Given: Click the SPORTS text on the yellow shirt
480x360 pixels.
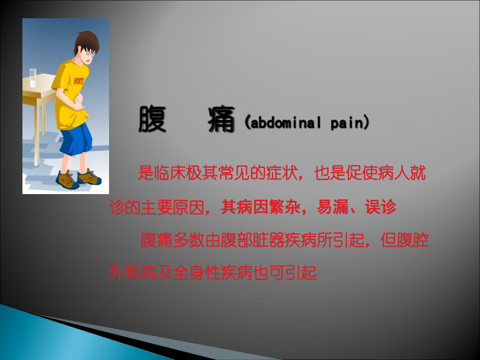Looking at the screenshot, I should pyautogui.click(x=78, y=82).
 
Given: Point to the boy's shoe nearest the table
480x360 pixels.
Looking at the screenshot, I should pyautogui.click(x=66, y=179).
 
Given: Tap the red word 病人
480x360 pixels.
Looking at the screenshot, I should pyautogui.click(x=396, y=174).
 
